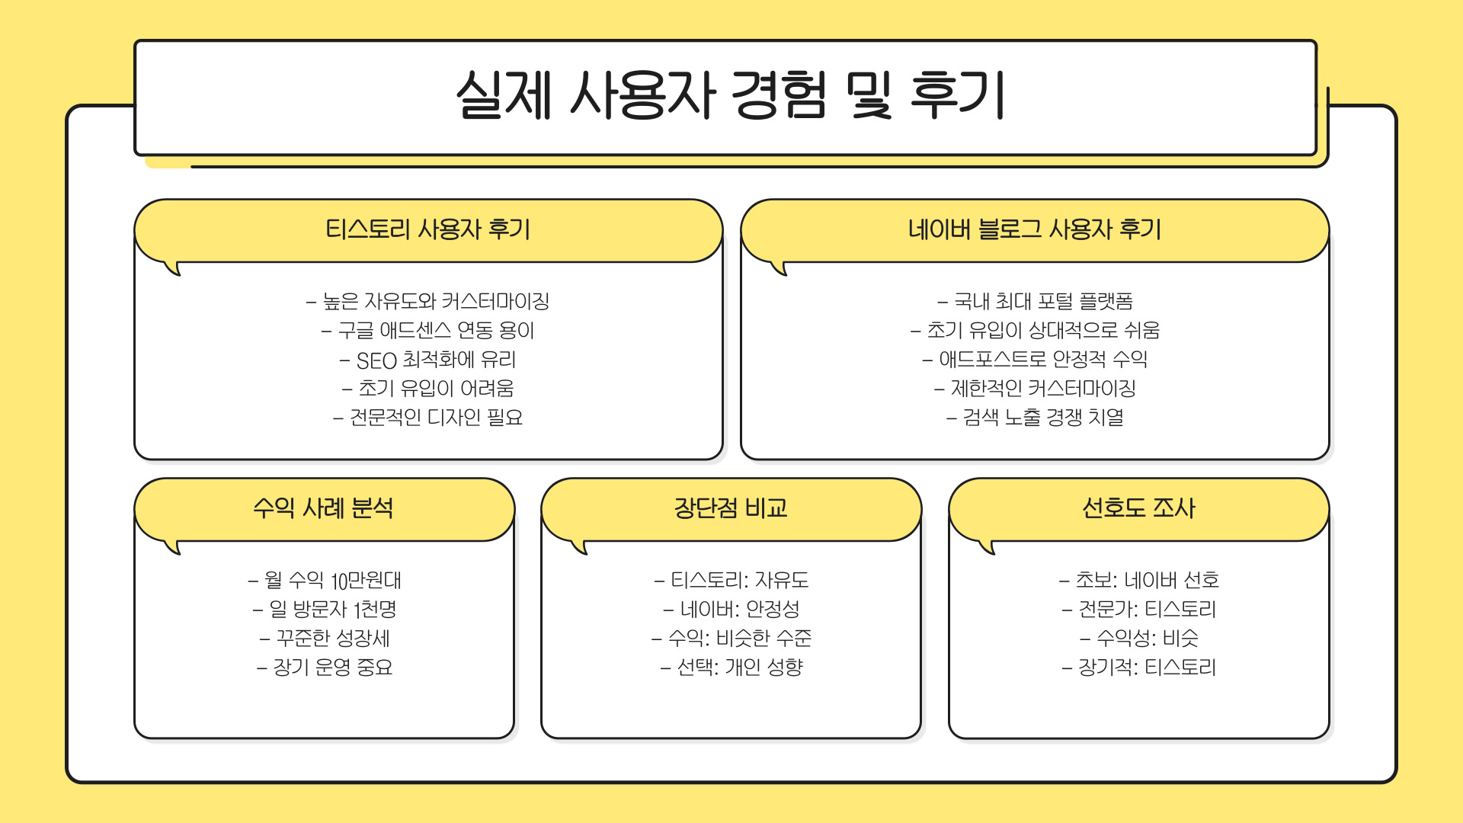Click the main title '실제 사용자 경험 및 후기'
(x=730, y=95)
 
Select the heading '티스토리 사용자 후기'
(x=427, y=229)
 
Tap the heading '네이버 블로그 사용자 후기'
(x=1034, y=229)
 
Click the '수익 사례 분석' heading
(x=323, y=508)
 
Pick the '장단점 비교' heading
(x=730, y=508)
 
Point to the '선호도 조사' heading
(x=1138, y=508)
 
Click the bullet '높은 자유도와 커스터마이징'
(x=427, y=302)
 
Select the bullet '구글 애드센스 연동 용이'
(x=427, y=331)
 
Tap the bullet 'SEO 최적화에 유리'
(x=427, y=360)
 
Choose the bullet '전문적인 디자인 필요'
(x=427, y=418)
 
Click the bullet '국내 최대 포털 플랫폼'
(x=1035, y=302)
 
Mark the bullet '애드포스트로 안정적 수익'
(x=1035, y=360)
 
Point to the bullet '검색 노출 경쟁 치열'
(x=1035, y=418)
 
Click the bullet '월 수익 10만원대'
(x=325, y=581)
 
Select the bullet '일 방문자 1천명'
(x=325, y=610)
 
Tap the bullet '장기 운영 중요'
(x=325, y=668)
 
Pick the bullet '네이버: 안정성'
(x=731, y=610)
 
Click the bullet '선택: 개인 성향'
(x=731, y=668)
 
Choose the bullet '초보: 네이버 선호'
(x=1139, y=581)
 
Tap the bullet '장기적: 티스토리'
(x=1139, y=668)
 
